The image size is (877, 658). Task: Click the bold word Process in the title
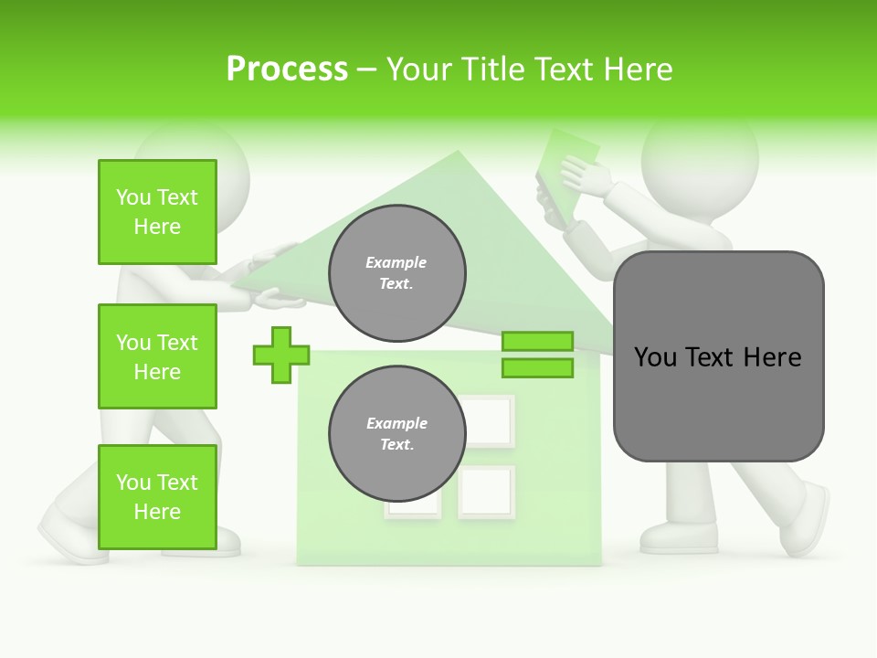coord(287,69)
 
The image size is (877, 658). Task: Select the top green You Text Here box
coord(157,212)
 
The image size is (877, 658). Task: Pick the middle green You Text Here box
coord(157,356)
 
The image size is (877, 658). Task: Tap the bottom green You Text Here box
coord(157,497)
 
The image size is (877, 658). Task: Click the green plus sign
coord(281,355)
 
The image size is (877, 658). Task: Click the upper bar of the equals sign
coord(537,342)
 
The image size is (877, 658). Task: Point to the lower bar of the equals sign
coord(537,368)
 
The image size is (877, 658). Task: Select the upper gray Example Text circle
coord(397,273)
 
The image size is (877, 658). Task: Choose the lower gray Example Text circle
coord(397,434)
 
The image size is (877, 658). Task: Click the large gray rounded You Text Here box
coord(718,356)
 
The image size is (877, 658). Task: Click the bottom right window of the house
coord(486,493)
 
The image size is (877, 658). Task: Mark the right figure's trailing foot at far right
coord(808,521)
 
